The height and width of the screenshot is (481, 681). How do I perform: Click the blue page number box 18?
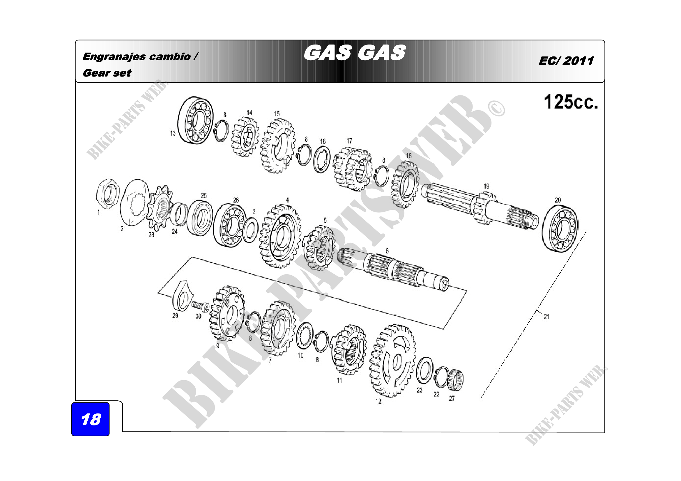tap(91, 419)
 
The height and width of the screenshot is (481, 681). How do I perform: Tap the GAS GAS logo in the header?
tap(355, 53)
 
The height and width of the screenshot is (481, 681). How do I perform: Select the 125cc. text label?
tap(571, 102)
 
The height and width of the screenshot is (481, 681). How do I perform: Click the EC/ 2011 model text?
tap(566, 61)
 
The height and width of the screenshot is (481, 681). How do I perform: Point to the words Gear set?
tap(107, 73)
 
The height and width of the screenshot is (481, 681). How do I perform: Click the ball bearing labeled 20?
tap(560, 228)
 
